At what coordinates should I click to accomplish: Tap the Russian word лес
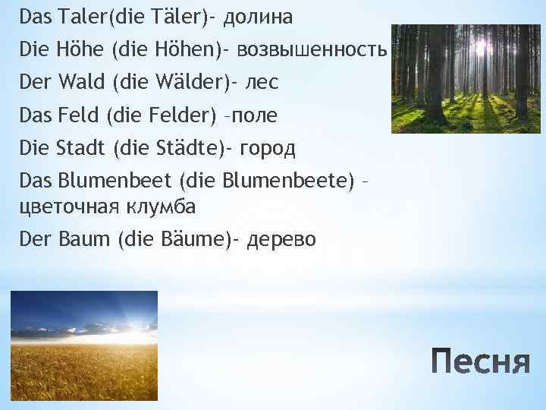coord(262,83)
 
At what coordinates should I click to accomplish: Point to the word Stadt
coord(81,148)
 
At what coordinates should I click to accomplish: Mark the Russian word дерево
coord(282,240)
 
